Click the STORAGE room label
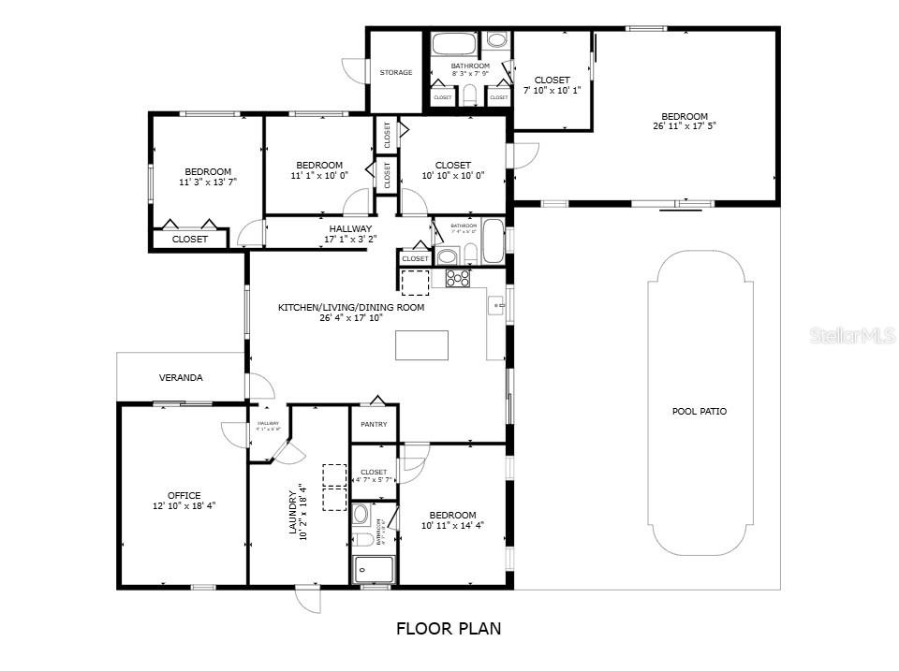395,72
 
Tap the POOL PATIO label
699,412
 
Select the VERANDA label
181,378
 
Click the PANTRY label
374,424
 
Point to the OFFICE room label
184,496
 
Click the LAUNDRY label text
292,511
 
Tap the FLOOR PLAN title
448,629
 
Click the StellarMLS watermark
852,334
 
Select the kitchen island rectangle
421,345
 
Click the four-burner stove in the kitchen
457,278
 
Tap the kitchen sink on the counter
497,305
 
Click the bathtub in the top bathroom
454,44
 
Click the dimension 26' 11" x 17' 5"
685,126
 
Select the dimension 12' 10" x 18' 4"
184,506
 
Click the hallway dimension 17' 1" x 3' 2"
349,240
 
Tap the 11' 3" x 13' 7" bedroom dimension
208,182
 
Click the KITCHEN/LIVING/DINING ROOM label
351,307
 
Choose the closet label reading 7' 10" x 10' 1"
553,91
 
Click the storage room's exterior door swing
352,70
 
